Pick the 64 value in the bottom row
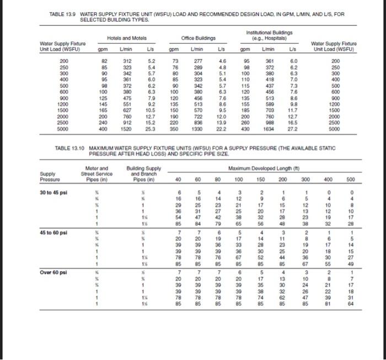coord(351,303)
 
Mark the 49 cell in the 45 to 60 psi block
coord(351,263)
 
